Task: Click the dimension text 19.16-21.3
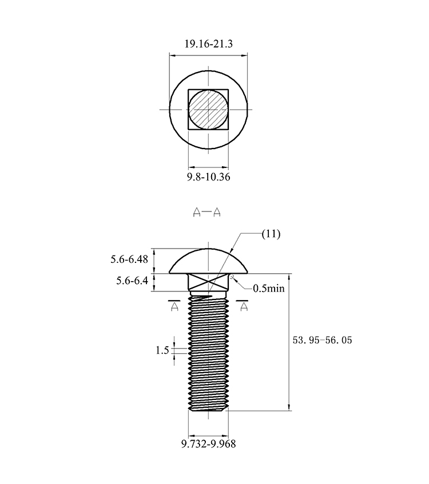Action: [x=209, y=44]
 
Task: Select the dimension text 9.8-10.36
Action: [x=209, y=177]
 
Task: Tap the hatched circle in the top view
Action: [x=208, y=110]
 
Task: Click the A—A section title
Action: [x=206, y=212]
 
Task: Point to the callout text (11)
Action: [x=271, y=234]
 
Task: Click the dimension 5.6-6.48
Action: [x=129, y=259]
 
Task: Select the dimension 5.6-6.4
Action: [x=132, y=281]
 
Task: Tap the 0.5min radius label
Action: [x=269, y=289]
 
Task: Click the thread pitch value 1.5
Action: [x=162, y=350]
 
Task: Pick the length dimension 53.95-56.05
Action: [x=323, y=340]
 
